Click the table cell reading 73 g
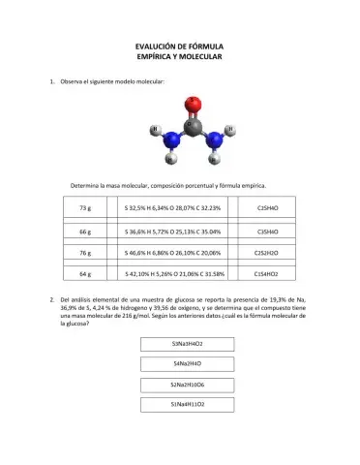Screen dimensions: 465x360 pyautogui.click(x=84, y=207)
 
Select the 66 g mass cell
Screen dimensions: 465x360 pyautogui.click(x=84, y=232)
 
